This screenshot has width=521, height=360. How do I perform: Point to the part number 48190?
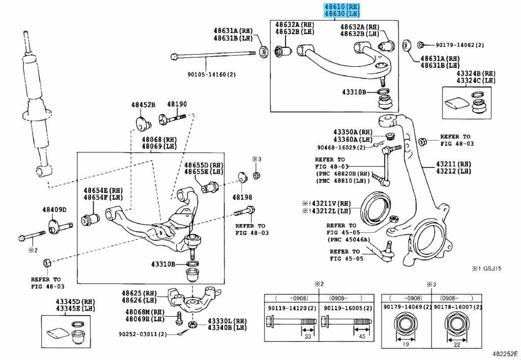(x=178, y=104)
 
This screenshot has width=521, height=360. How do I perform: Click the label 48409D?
(x=54, y=210)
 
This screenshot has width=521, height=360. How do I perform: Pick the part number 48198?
(x=243, y=196)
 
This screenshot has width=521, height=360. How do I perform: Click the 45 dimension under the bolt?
(x=362, y=337)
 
